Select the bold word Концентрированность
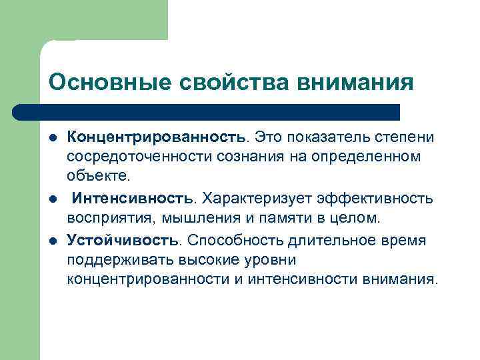coord(156,137)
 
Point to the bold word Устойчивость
coord(122,239)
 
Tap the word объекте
coord(99,176)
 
